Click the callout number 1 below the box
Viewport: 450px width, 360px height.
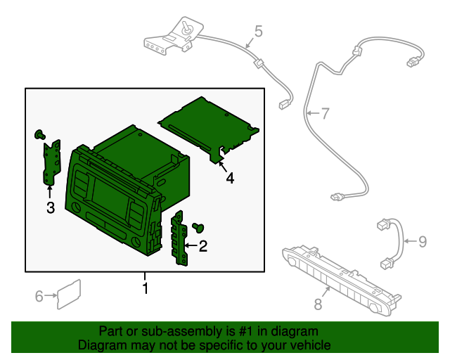point(146,288)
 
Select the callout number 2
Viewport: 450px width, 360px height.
point(203,246)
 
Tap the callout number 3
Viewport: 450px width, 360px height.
point(51,207)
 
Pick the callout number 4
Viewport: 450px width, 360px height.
point(230,178)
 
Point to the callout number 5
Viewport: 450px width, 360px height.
point(258,31)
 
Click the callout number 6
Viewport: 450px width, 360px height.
point(39,296)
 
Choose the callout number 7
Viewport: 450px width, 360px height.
point(325,113)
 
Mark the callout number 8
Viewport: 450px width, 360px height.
point(318,304)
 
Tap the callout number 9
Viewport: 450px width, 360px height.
point(423,241)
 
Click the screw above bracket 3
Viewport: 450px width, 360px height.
point(39,134)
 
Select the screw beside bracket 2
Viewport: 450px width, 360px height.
point(198,227)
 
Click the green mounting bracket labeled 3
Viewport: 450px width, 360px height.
point(51,162)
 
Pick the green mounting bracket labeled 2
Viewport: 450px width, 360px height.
point(179,238)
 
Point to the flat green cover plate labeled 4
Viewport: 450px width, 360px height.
point(209,128)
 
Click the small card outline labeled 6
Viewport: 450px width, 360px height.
point(69,295)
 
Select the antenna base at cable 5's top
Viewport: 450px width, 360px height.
point(174,36)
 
